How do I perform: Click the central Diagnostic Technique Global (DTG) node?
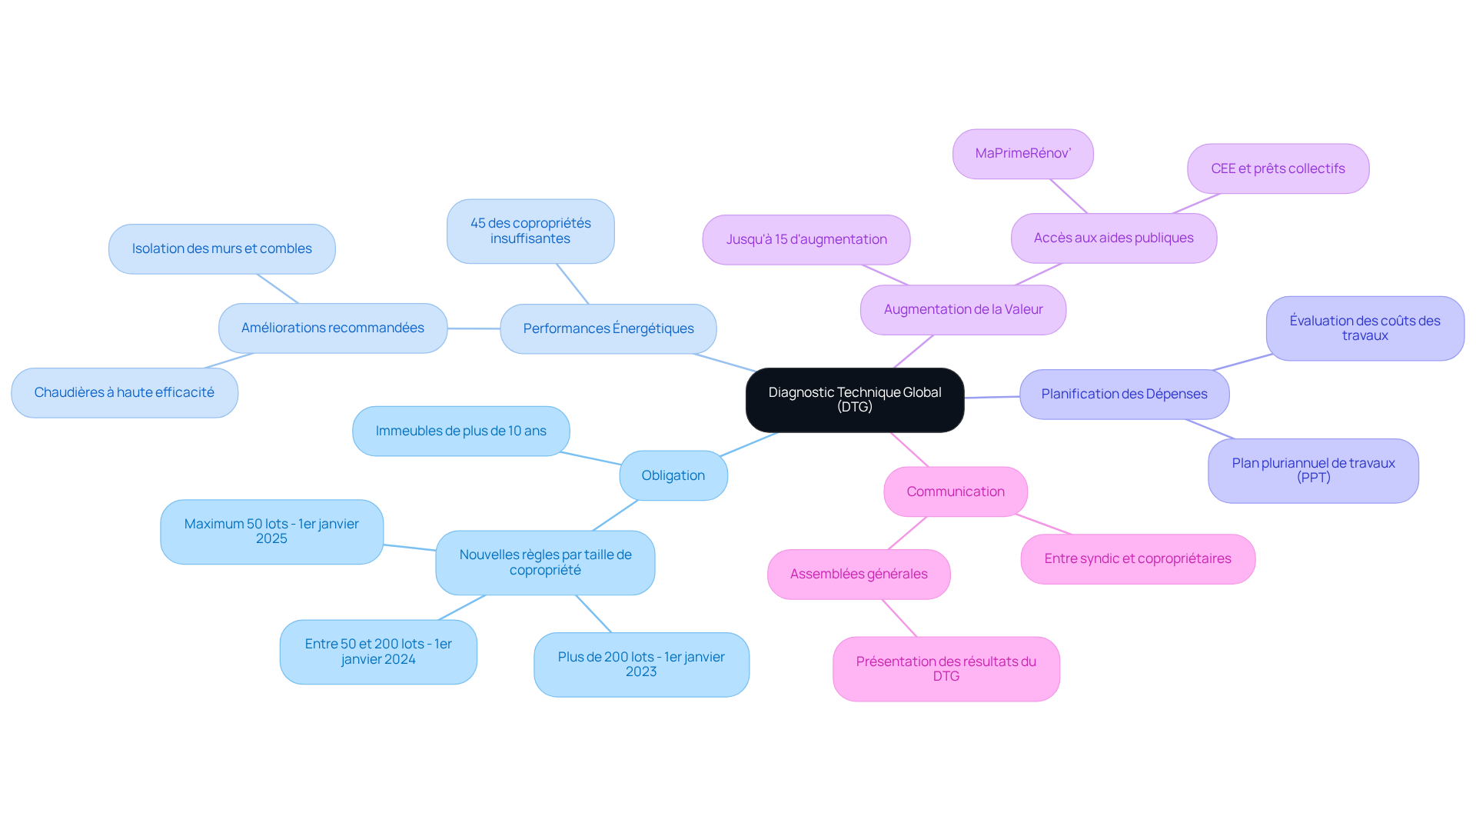point(854,400)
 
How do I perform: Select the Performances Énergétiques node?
point(608,329)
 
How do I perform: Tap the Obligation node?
point(673,476)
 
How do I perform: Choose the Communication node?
point(955,492)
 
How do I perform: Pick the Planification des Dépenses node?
point(1123,395)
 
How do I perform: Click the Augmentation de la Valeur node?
point(962,310)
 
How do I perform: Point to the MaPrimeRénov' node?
point(1022,154)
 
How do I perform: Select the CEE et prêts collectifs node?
point(1277,169)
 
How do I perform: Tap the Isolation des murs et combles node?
point(221,249)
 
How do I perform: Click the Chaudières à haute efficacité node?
point(124,393)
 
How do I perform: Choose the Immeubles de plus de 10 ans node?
point(460,431)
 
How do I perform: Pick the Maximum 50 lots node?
point(271,531)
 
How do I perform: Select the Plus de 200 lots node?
point(640,665)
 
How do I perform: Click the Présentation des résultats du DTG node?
point(946,669)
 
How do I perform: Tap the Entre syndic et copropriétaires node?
point(1137,559)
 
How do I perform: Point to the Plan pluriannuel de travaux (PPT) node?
point(1312,471)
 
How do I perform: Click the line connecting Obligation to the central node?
point(750,445)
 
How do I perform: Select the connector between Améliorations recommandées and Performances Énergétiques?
point(474,329)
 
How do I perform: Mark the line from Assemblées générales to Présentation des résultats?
point(899,618)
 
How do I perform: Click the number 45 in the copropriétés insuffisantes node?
point(478,224)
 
